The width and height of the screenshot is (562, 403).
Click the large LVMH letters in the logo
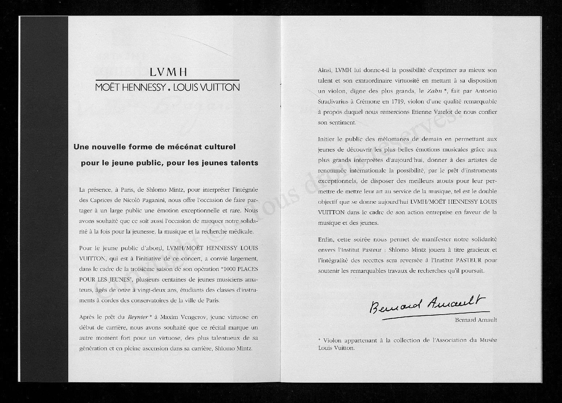point(168,72)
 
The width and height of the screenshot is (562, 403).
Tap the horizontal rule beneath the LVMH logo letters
point(167,80)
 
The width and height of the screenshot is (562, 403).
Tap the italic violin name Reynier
point(138,316)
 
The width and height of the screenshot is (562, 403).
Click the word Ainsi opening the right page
point(325,70)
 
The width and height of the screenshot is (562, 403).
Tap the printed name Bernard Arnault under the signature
point(476,320)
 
